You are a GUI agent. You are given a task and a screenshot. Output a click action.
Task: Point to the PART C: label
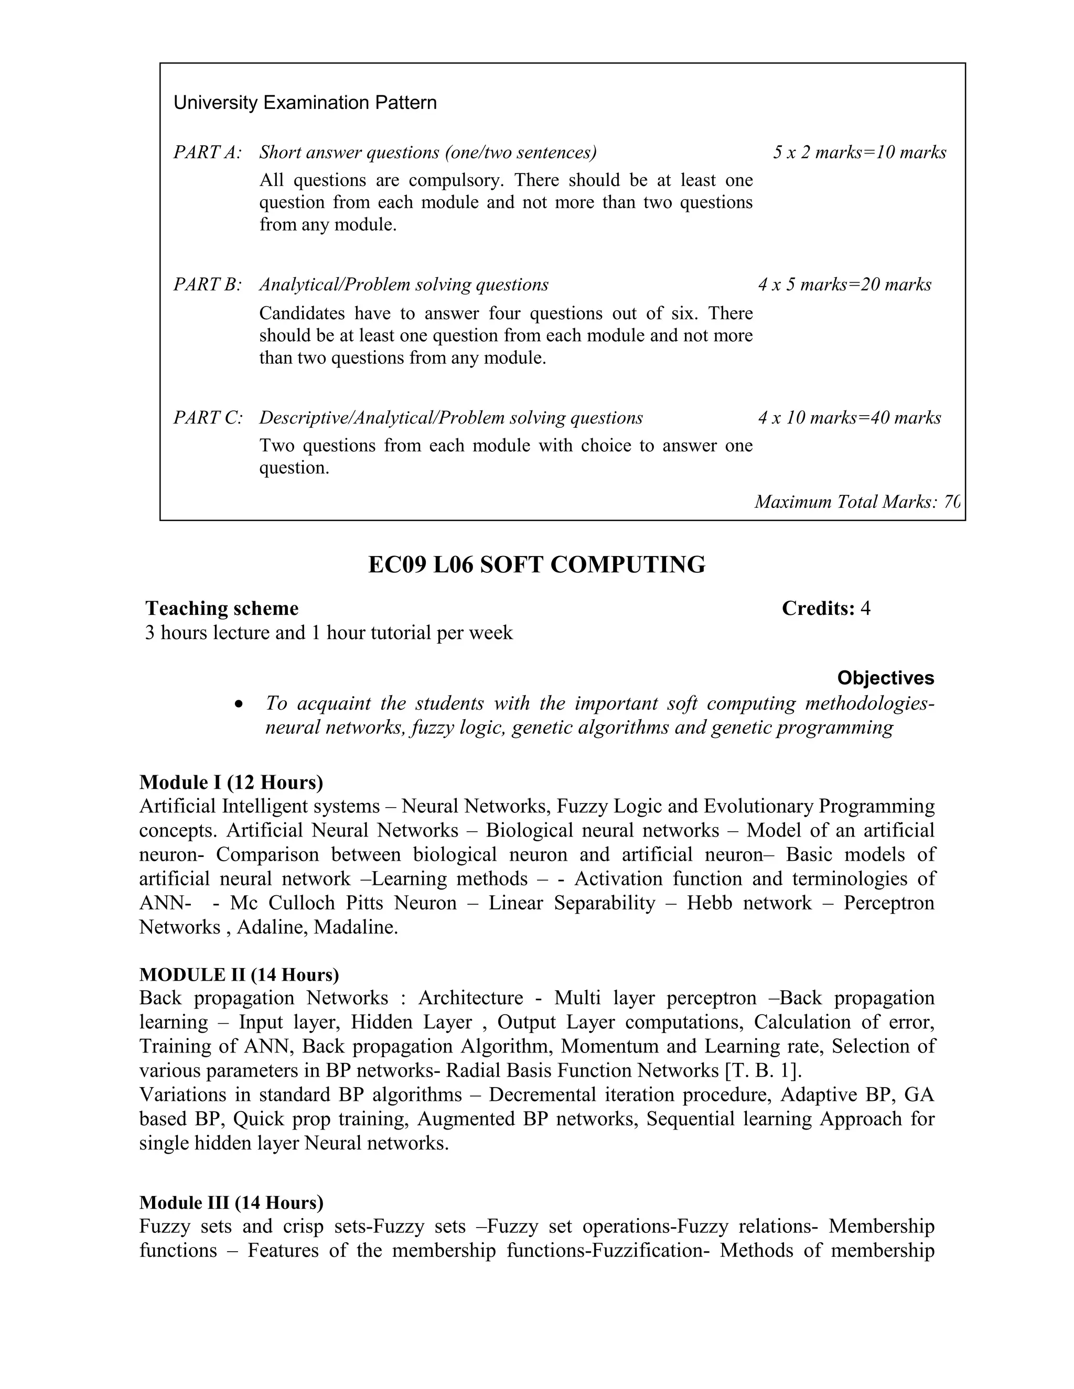(x=208, y=418)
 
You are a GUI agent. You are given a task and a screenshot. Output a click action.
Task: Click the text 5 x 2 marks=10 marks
(x=859, y=153)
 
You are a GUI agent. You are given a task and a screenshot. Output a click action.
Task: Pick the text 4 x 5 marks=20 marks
(x=844, y=285)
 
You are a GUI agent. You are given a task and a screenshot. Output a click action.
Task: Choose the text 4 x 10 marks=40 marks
(x=849, y=418)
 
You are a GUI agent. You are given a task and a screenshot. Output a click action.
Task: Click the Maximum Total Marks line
(x=856, y=503)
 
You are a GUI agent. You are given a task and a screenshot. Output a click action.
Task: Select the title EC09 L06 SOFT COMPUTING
(x=536, y=565)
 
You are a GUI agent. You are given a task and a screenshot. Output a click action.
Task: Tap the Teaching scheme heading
(x=221, y=609)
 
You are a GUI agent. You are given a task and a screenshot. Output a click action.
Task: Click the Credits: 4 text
(x=825, y=609)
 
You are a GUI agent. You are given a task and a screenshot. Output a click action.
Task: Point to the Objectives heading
(x=885, y=678)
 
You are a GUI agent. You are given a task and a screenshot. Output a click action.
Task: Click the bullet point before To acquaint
(x=239, y=704)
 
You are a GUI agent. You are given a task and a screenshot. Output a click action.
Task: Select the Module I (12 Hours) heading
(x=231, y=782)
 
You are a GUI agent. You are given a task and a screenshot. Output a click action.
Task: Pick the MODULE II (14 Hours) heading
(x=239, y=975)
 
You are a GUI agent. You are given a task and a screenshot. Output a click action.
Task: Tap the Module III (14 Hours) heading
(x=231, y=1202)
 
